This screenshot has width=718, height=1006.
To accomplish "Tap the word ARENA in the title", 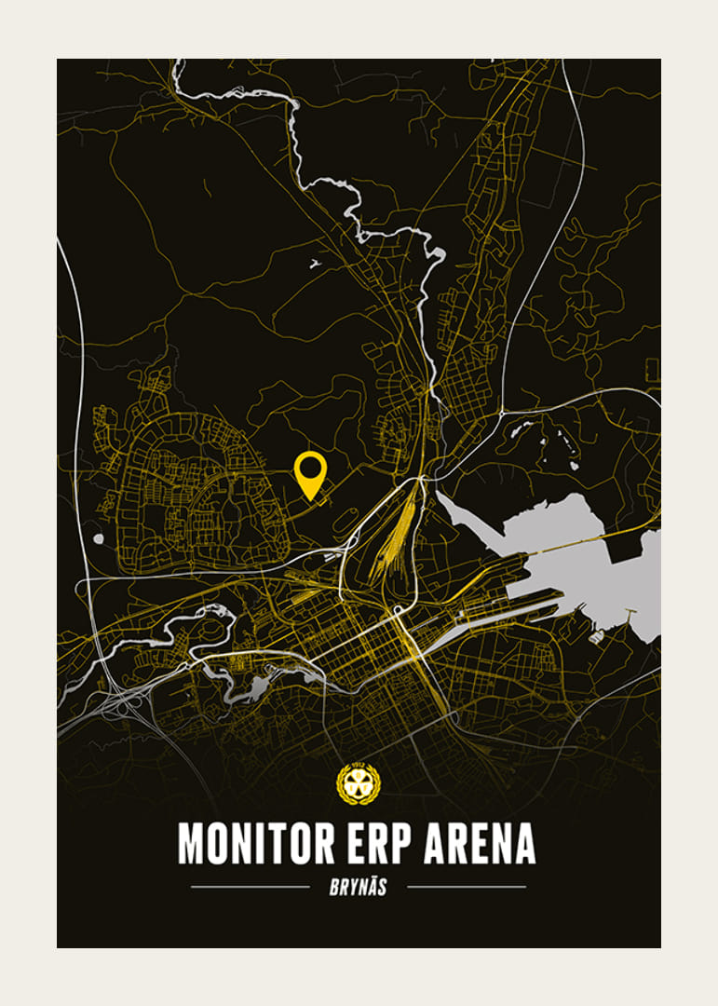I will [x=480, y=843].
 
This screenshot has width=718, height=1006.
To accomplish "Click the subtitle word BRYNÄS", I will [x=358, y=887].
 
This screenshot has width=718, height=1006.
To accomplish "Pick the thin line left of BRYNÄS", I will [x=250, y=887].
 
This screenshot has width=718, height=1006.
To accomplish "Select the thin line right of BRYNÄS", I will [x=467, y=887].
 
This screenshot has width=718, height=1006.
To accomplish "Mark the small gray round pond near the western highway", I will [x=99, y=538].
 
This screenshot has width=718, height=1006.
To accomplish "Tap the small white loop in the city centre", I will [x=398, y=610].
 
